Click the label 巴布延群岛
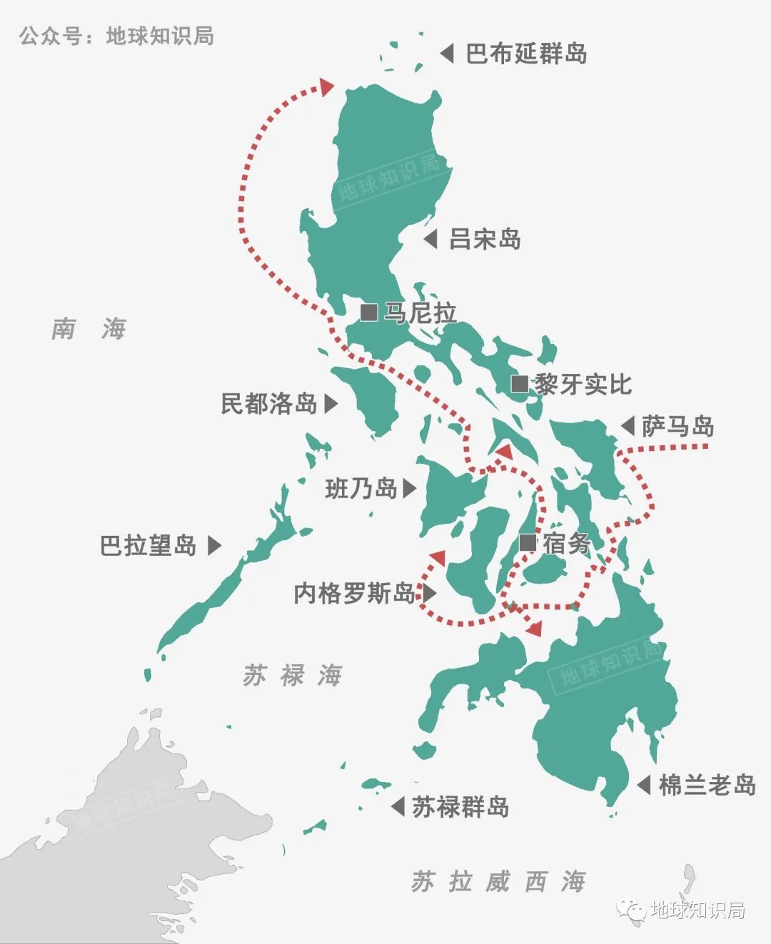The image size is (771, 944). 526,54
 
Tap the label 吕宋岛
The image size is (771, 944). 485,239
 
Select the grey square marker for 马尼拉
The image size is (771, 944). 369,313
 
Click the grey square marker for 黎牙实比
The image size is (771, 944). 520,385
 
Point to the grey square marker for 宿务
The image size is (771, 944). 528,543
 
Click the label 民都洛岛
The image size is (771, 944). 269,404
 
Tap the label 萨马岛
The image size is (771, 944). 677,427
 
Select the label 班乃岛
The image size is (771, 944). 361,489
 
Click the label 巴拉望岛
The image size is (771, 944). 148,546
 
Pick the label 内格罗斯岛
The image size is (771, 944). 355,593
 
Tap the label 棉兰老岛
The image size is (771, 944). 707,785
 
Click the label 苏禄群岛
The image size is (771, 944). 460,807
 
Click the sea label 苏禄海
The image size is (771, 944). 293,675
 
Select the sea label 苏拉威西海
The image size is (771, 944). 498,882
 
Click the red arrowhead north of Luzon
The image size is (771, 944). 327,86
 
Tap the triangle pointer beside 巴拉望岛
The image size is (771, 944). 214,546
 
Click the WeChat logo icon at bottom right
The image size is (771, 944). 633,910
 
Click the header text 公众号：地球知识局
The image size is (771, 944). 116,36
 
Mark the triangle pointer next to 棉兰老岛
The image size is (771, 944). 644,785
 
